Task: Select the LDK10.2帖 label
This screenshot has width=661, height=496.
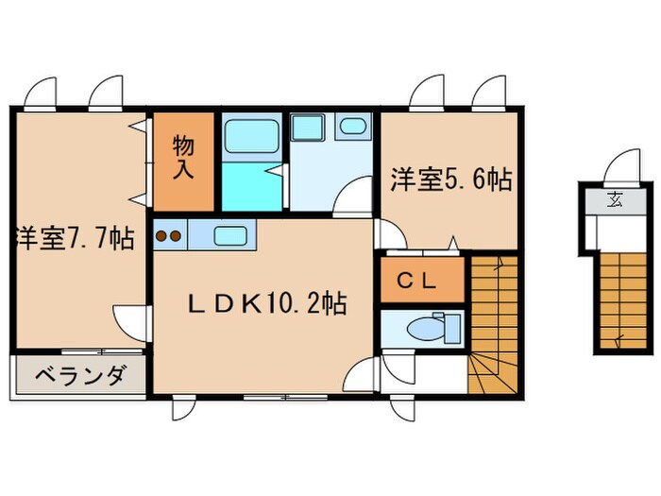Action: pyautogui.click(x=266, y=303)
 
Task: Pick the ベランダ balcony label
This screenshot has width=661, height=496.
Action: pyautogui.click(x=79, y=377)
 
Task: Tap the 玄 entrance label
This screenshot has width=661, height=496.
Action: pyautogui.click(x=615, y=199)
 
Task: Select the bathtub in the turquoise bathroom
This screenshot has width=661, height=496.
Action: pyautogui.click(x=252, y=135)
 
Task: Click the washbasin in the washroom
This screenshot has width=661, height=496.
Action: pyautogui.click(x=354, y=128)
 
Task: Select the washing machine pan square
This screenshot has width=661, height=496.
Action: pyautogui.click(x=307, y=128)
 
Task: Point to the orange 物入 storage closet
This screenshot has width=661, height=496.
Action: pyautogui.click(x=185, y=162)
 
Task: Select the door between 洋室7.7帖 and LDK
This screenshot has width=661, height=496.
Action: pyautogui.click(x=130, y=319)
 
